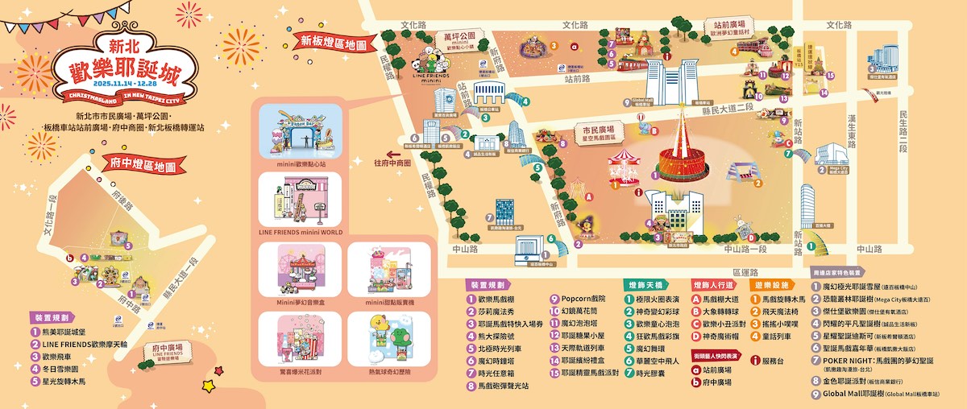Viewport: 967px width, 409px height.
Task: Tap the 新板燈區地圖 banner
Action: tap(328, 40)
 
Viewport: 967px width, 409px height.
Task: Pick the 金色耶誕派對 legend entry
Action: tap(855, 378)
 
